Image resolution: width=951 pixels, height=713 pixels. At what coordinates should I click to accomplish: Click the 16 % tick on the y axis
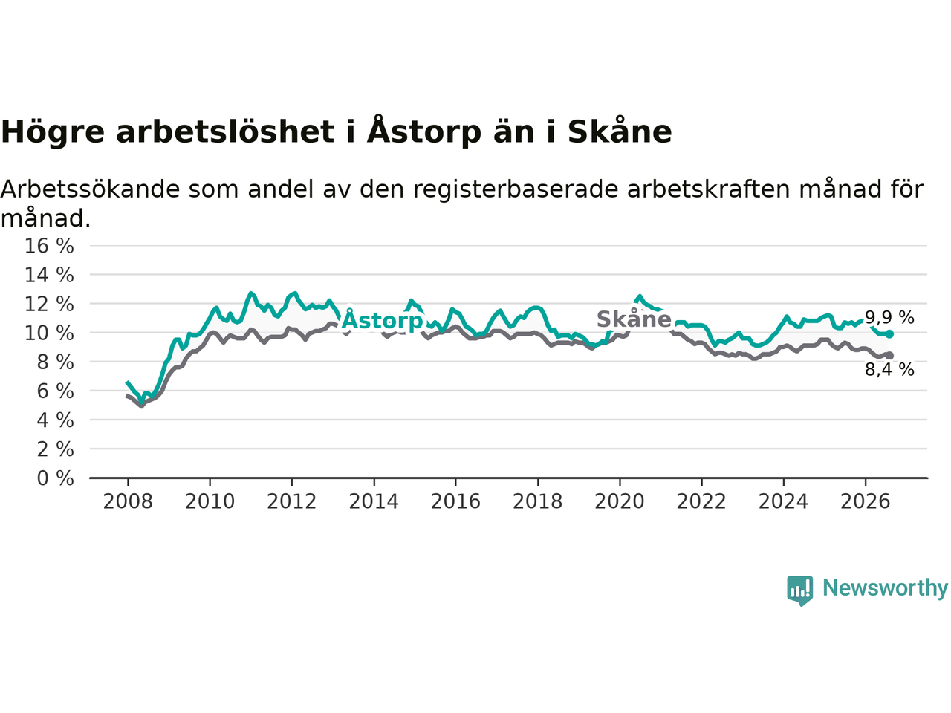pos(49,246)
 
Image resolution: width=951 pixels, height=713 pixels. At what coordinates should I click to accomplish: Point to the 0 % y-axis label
pos(56,479)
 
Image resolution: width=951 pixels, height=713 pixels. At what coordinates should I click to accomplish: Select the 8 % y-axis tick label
pos(56,362)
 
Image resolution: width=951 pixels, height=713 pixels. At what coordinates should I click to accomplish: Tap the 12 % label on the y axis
pos(49,305)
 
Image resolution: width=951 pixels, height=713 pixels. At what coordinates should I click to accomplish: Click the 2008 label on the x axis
pos(128,502)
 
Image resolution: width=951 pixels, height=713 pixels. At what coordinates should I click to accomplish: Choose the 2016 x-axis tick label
pos(455,502)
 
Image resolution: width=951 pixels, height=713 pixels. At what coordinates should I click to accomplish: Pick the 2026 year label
pos(866,502)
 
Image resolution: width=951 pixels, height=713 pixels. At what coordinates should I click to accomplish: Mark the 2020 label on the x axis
pos(620,502)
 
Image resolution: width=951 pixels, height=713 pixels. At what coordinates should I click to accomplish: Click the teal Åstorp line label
pos(382,320)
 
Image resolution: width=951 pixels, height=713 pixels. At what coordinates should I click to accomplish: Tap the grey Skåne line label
pos(634,319)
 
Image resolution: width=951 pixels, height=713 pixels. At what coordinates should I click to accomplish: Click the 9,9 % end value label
pos(889,318)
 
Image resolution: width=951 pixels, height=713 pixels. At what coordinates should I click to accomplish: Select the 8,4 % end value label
pos(889,370)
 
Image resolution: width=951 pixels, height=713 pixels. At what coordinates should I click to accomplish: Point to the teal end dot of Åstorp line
pos(889,334)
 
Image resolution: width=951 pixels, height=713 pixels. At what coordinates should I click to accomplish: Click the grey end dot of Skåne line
pos(889,356)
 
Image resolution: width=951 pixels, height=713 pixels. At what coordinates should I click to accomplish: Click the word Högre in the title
pos(53,132)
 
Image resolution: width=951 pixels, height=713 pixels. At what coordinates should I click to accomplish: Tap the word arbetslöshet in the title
pos(225,131)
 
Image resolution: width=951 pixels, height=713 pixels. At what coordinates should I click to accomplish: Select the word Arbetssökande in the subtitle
pos(90,189)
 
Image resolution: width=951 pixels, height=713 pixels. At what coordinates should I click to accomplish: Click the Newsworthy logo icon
pos(799,590)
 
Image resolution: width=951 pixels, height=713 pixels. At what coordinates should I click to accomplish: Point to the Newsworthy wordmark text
pos(885,588)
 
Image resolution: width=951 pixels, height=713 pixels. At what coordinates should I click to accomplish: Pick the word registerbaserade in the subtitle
pos(515,190)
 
